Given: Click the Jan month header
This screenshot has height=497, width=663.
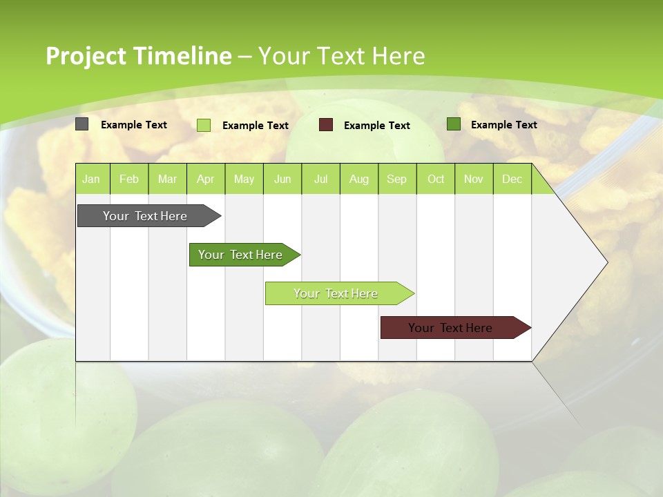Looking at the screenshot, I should click(91, 179).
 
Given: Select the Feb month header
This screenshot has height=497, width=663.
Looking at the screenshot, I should click(129, 179).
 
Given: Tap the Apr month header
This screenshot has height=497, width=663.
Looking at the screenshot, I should click(205, 179).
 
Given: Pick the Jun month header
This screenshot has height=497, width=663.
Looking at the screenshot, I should click(282, 179).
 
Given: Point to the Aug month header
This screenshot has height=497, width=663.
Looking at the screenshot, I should click(358, 179).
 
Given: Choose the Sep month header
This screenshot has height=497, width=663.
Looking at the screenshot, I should click(396, 179).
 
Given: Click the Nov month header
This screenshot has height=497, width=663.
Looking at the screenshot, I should click(474, 179).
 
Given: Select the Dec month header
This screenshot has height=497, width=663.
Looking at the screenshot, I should click(512, 179).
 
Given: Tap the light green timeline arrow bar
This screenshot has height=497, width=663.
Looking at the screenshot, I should click(337, 293).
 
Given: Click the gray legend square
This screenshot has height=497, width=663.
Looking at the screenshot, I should click(82, 124).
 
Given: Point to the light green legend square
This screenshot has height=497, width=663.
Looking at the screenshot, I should click(204, 125).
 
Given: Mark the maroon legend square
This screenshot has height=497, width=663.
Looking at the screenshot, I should click(326, 125).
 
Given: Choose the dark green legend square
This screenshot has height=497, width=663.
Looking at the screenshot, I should click(454, 124).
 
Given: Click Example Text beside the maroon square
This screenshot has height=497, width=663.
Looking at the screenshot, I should click(376, 125).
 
